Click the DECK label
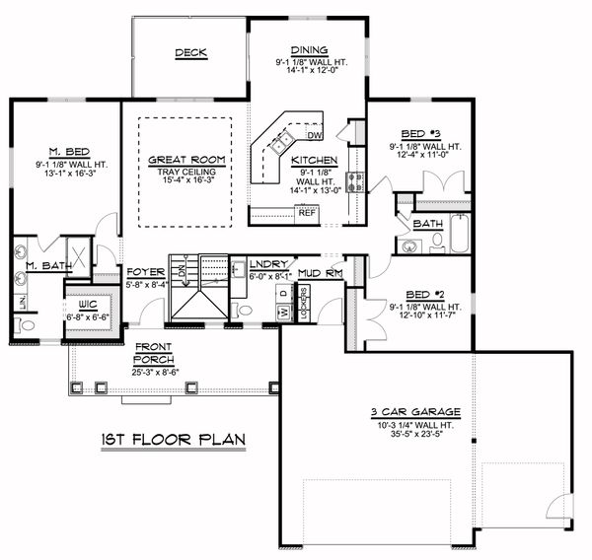(190, 53)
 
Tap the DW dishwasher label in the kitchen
(315, 135)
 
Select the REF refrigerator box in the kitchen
(306, 212)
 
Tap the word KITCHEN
(316, 160)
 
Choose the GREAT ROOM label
(186, 160)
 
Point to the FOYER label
(145, 272)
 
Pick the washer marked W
(282, 313)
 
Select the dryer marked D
(282, 294)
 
